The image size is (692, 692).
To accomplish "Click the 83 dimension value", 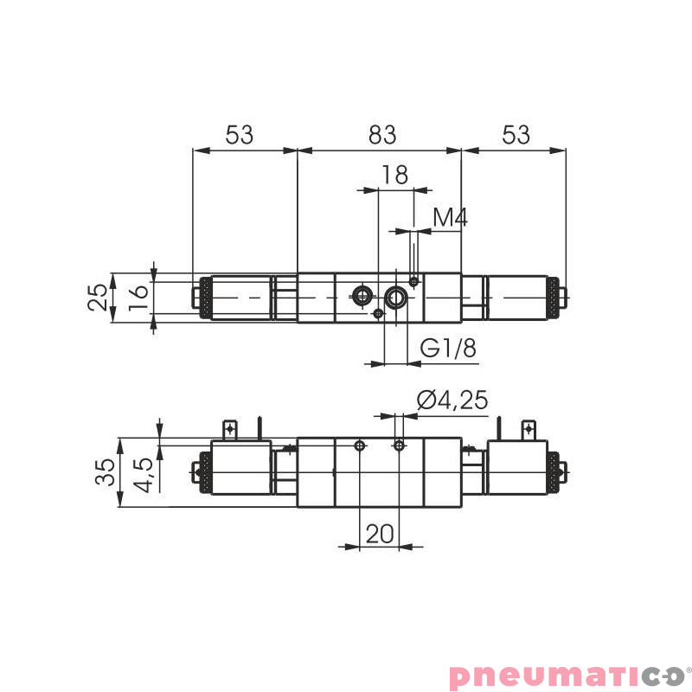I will pyautogui.click(x=381, y=135).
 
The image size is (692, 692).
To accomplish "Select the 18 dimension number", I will pyautogui.click(x=394, y=175).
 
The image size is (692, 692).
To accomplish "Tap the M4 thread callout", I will pyautogui.click(x=450, y=218).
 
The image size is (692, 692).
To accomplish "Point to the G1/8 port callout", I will pyautogui.click(x=449, y=349).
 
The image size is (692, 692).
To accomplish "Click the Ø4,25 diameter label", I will pyautogui.click(x=452, y=400).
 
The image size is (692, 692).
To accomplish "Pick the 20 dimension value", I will pyautogui.click(x=379, y=533).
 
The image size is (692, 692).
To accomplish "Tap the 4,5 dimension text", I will pyautogui.click(x=144, y=473).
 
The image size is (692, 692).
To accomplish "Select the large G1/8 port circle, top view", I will pyautogui.click(x=396, y=298).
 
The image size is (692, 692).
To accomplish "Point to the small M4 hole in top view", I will pyautogui.click(x=415, y=281).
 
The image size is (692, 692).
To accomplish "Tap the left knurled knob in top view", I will pyautogui.click(x=206, y=298).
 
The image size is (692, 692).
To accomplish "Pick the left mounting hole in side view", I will pyautogui.click(x=359, y=445).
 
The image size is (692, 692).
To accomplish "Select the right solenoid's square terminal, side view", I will pyautogui.click(x=529, y=429).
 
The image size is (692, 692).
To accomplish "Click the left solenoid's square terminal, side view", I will pyautogui.click(x=230, y=429).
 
